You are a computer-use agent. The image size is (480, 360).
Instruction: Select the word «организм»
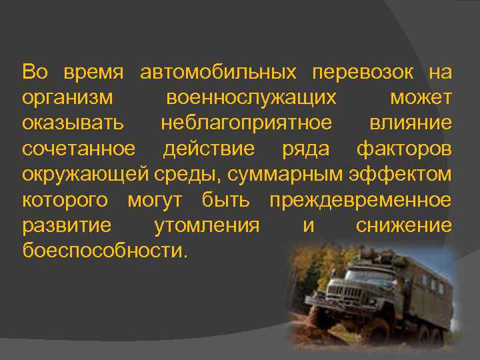[x=67, y=98]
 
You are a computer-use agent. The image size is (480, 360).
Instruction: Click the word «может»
[x=421, y=98]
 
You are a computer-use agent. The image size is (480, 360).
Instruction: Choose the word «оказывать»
[x=73, y=123]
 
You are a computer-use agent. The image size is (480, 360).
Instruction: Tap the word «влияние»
[x=410, y=123]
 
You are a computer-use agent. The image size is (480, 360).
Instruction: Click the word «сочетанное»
[x=78, y=149]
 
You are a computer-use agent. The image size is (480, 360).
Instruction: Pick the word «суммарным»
[x=288, y=175]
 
